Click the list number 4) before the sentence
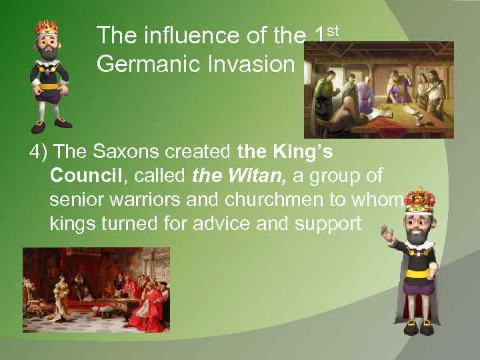(x=37, y=152)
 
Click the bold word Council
(x=83, y=175)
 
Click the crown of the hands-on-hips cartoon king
(x=47, y=29)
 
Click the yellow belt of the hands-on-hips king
(x=49, y=86)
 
